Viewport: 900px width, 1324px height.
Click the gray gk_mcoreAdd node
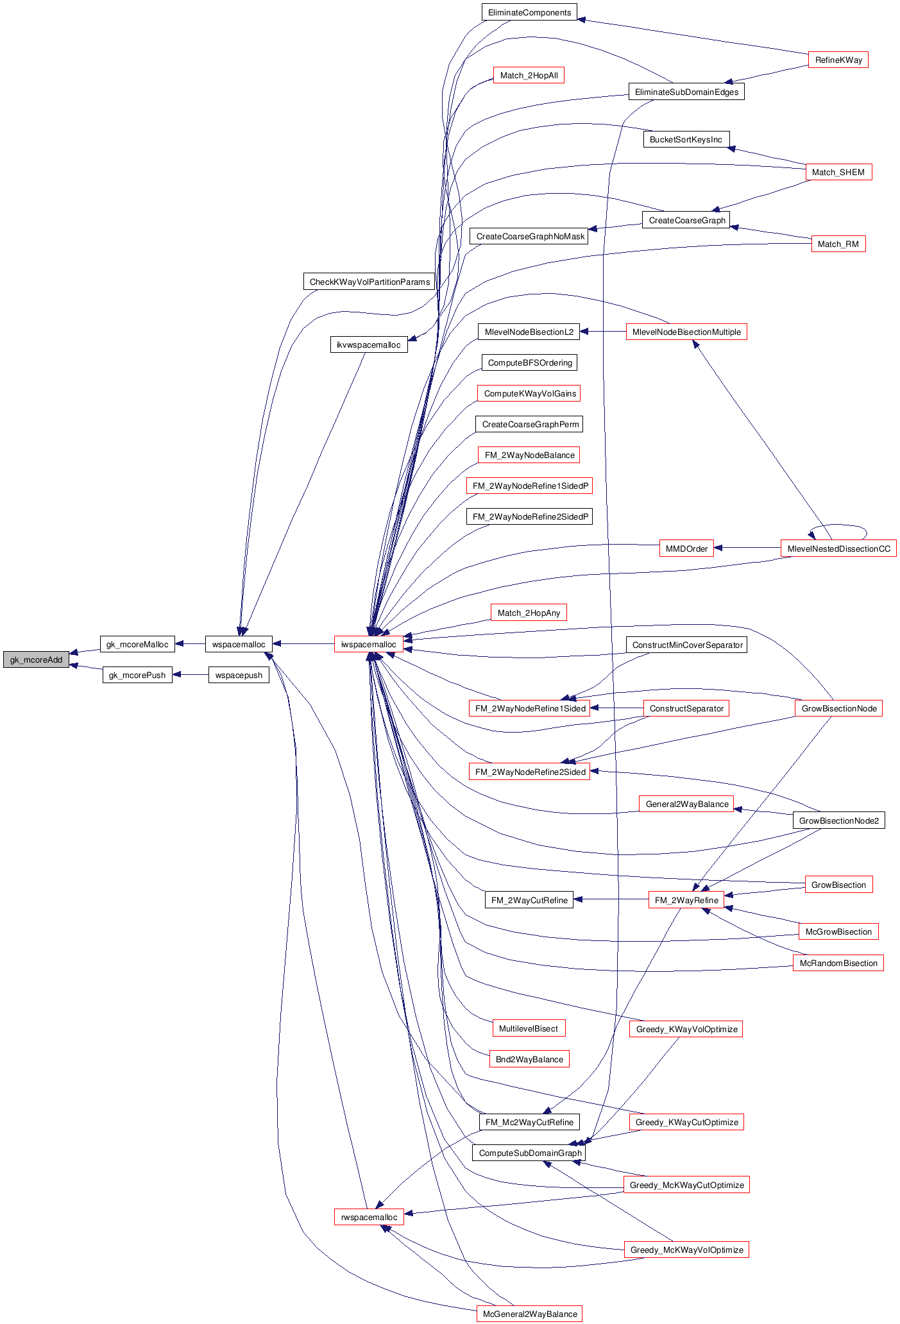pyautogui.click(x=36, y=659)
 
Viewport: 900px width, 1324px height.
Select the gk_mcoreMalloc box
pyautogui.click(x=137, y=644)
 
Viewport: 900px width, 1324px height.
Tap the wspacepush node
pyautogui.click(x=239, y=675)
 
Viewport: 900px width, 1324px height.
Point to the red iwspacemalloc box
pyautogui.click(x=369, y=644)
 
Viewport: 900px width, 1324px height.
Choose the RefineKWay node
pyautogui.click(x=838, y=60)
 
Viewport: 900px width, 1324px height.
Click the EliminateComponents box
pyautogui.click(x=529, y=12)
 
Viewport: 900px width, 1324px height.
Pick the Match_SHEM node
pyautogui.click(x=838, y=172)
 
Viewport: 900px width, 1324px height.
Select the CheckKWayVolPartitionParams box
pyautogui.click(x=369, y=282)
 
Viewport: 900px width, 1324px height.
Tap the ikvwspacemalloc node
pyautogui.click(x=368, y=344)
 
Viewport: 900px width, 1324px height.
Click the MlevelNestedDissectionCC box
pyautogui.click(x=838, y=548)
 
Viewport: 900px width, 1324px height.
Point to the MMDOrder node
pyautogui.click(x=686, y=548)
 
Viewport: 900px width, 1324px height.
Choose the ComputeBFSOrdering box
pyautogui.click(x=529, y=362)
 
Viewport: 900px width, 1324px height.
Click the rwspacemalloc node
pyautogui.click(x=369, y=1217)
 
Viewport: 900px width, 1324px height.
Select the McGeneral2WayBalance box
pyautogui.click(x=529, y=1314)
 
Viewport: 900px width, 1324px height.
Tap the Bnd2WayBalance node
pyautogui.click(x=529, y=1059)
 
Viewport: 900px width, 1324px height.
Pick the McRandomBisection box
pyautogui.click(x=838, y=963)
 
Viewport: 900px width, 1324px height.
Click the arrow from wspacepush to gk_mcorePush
pyautogui.click(x=191, y=675)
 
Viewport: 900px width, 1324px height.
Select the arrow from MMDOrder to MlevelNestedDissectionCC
pyautogui.click(x=747, y=548)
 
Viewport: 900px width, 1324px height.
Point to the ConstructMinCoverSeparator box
pyautogui.click(x=686, y=645)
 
